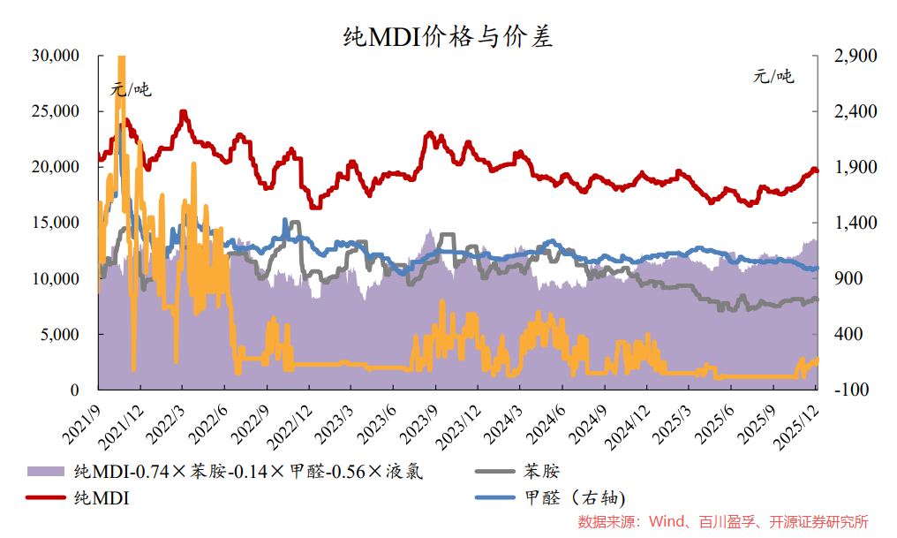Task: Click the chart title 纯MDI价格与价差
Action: [x=448, y=36]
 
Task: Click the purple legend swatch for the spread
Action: [x=46, y=471]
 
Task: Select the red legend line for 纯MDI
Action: [x=46, y=498]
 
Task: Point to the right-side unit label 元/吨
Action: [x=773, y=76]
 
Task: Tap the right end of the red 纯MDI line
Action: [x=817, y=170]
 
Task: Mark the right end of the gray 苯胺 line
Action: [x=817, y=299]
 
